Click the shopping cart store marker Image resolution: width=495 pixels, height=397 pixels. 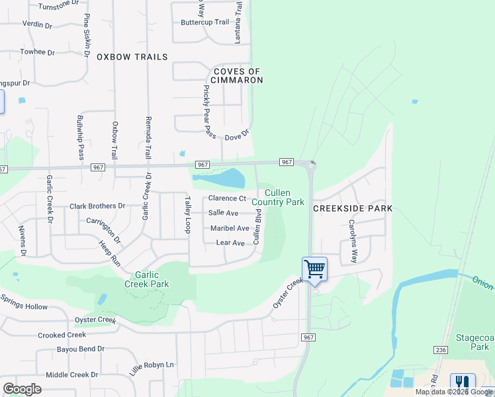click(314, 269)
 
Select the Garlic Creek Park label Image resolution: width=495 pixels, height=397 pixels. click(147, 279)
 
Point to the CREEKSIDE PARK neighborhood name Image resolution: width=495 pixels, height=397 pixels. click(352, 208)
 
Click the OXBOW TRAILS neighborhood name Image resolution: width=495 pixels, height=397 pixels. click(132, 57)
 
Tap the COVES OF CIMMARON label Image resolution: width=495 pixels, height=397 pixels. click(238, 75)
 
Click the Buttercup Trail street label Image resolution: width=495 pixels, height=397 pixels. click(204, 22)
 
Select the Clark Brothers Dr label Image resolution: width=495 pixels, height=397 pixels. click(97, 206)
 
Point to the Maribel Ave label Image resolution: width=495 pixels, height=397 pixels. click(229, 228)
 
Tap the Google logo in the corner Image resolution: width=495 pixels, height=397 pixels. click(22, 389)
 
